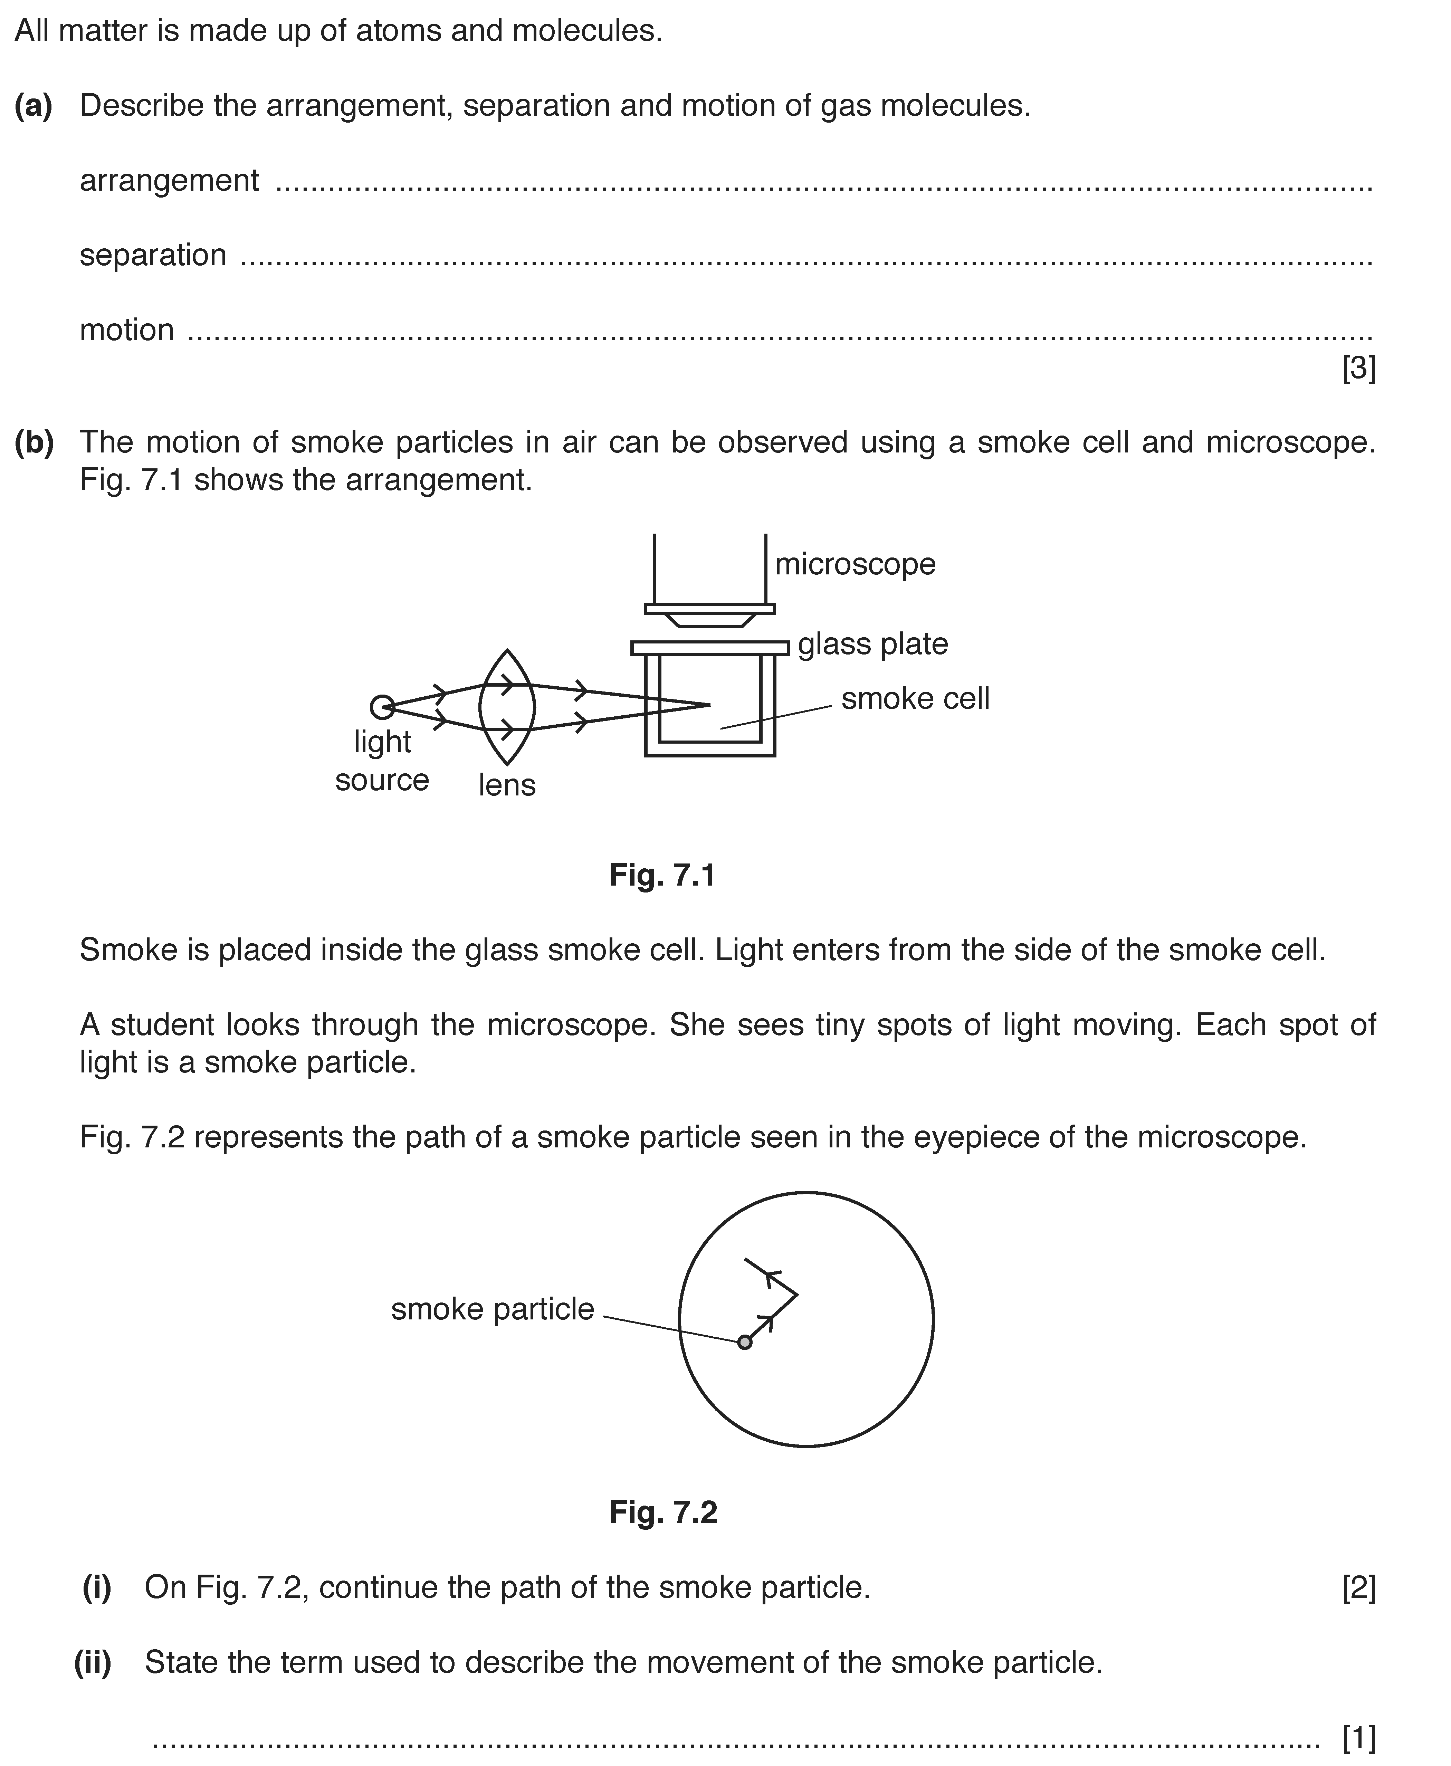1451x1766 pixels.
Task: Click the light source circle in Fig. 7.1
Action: [382, 707]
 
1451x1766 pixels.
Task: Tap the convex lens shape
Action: [506, 707]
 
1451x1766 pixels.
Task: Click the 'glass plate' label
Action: [872, 645]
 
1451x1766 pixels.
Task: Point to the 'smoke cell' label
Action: [915, 699]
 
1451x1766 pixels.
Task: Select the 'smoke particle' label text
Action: [492, 1309]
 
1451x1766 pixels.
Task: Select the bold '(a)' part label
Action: [34, 106]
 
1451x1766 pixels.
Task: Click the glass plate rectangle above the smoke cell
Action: [710, 648]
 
